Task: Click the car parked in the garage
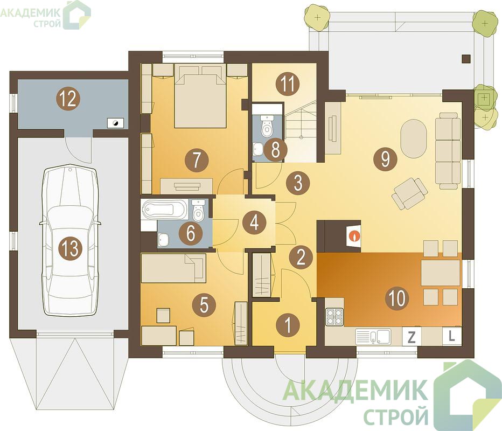pyautogui.click(x=70, y=240)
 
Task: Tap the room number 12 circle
pyautogui.click(x=68, y=99)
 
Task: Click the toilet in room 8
pyautogui.click(x=267, y=126)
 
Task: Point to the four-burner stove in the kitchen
pyautogui.click(x=334, y=317)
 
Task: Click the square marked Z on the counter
pyautogui.click(x=412, y=337)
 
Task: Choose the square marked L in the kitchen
pyautogui.click(x=452, y=336)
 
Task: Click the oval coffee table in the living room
pyautogui.click(x=414, y=138)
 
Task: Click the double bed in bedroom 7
pyautogui.click(x=200, y=95)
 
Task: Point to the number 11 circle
pyautogui.click(x=288, y=84)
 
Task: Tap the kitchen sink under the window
pyautogui.click(x=373, y=336)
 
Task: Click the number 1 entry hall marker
pyautogui.click(x=288, y=324)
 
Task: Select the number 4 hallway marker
pyautogui.click(x=255, y=222)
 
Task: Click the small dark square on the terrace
pyautogui.click(x=466, y=58)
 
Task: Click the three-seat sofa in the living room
pyautogui.click(x=448, y=150)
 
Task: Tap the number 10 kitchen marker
pyautogui.click(x=397, y=298)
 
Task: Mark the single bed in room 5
pyautogui.click(x=173, y=268)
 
